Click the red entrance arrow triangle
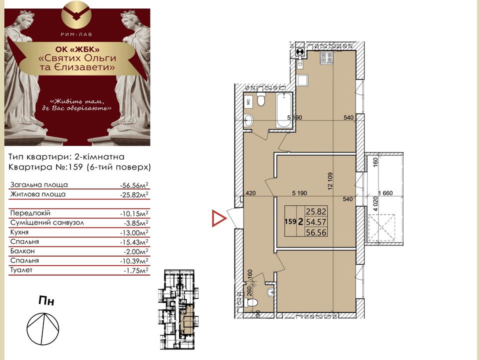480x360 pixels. click(218, 218)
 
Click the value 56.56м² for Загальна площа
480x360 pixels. click(134, 185)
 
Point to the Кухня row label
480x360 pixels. click(19, 232)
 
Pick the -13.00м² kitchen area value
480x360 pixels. click(134, 232)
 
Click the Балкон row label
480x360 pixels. click(22, 251)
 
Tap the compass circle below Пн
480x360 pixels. click(43, 329)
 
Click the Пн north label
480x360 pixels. click(46, 300)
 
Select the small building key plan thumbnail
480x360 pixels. click(178, 309)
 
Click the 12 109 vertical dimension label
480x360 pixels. click(329, 181)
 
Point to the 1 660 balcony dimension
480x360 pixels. click(385, 193)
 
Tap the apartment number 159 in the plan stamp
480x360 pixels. click(290, 221)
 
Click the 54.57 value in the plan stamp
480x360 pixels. click(316, 221)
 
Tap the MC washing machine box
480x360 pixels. click(248, 101)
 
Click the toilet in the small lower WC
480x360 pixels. click(251, 302)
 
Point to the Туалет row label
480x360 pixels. click(21, 270)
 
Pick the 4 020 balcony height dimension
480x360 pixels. click(375, 204)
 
